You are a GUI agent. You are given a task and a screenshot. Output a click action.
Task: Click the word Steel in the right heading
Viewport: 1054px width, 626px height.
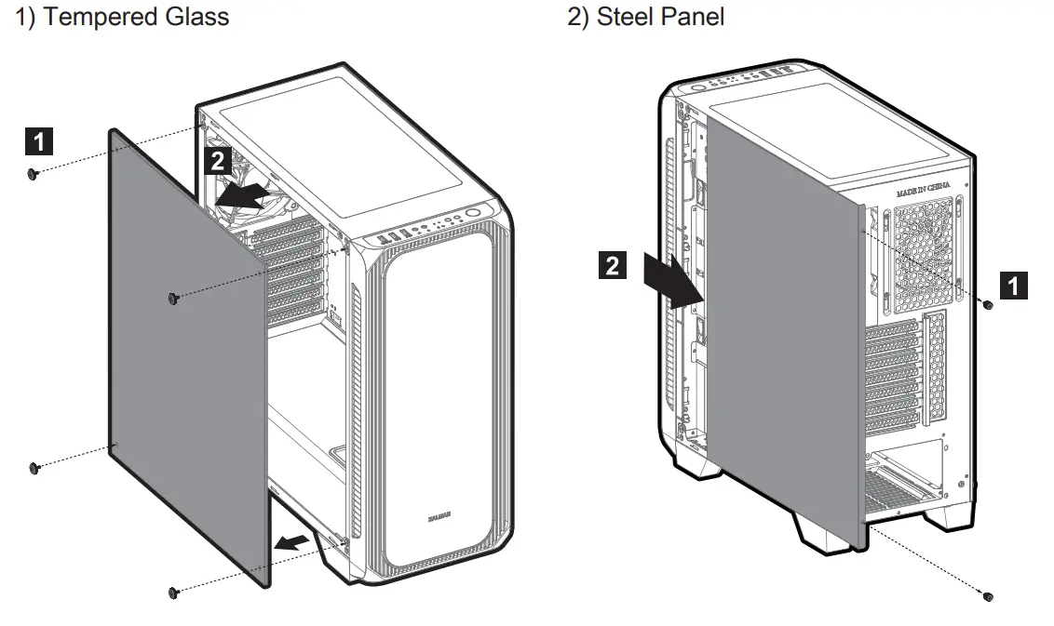click(626, 17)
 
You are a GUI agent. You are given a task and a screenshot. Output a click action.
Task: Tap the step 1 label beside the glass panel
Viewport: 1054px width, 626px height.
click(38, 142)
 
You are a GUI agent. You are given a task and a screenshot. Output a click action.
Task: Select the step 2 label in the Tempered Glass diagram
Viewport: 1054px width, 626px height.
click(217, 161)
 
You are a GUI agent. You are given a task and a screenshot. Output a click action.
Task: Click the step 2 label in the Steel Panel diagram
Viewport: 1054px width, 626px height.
click(611, 266)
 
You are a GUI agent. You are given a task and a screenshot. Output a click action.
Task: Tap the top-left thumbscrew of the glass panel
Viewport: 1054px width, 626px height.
click(33, 174)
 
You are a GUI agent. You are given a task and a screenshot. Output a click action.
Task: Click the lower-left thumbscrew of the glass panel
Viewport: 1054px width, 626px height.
click(34, 467)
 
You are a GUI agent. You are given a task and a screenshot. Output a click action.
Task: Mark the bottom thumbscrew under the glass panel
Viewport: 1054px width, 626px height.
click(173, 593)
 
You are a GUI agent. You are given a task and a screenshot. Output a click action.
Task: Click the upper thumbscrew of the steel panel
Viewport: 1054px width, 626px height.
click(988, 304)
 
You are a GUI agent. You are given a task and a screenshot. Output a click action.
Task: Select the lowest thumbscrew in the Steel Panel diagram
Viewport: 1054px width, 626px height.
click(989, 595)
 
